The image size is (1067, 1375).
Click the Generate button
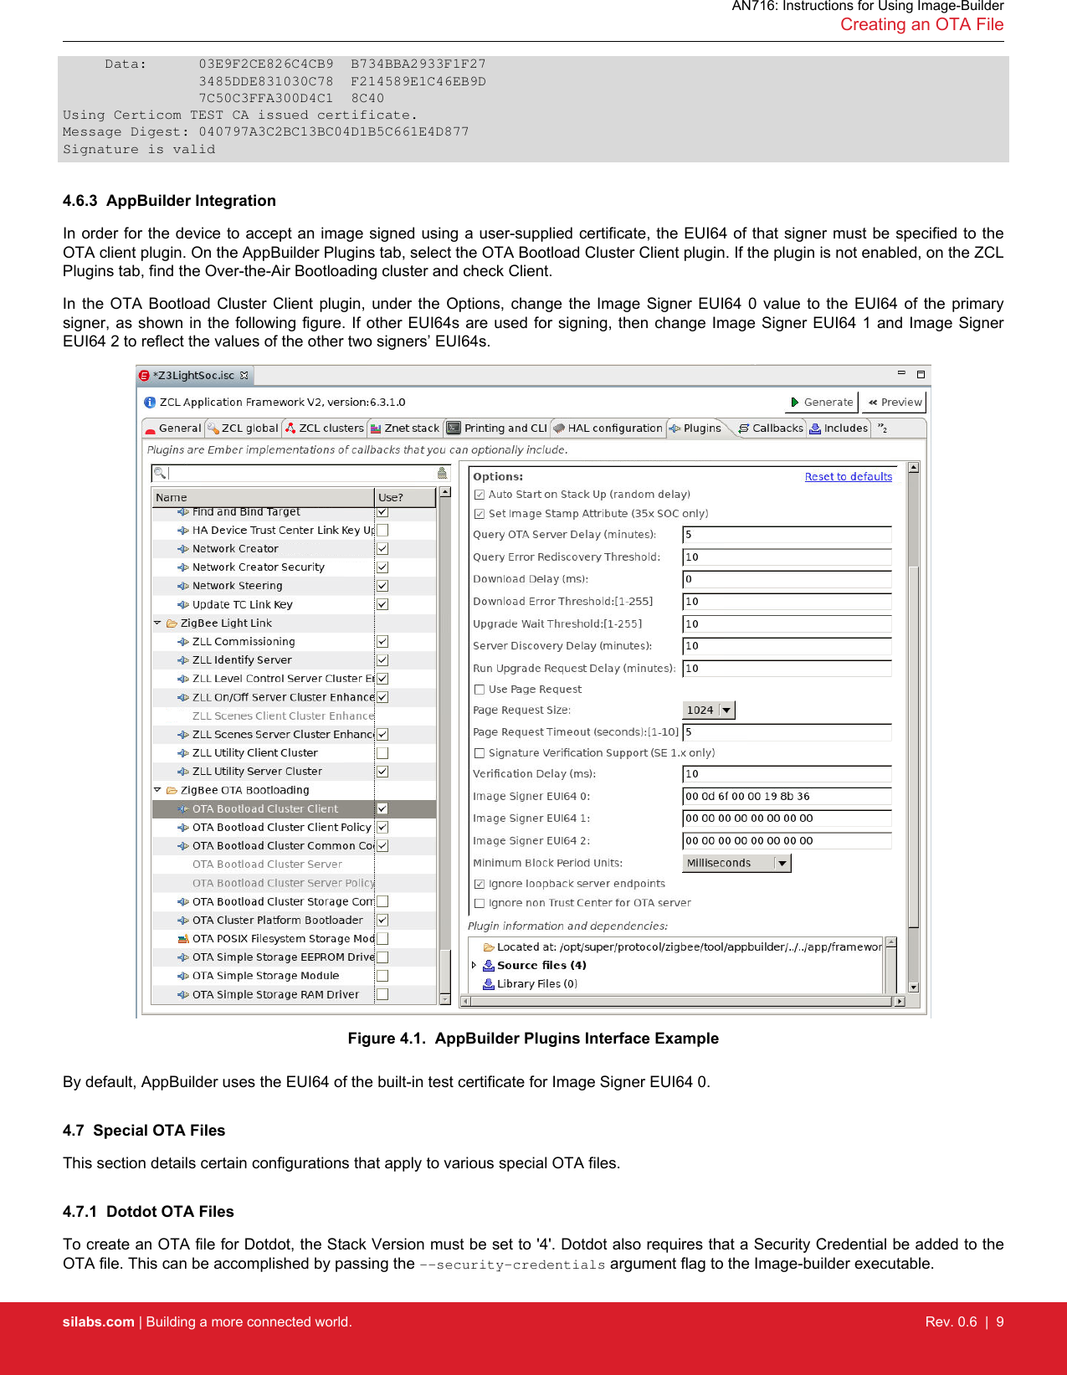822,403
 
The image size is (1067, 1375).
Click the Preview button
895,403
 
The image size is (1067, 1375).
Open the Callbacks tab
771,428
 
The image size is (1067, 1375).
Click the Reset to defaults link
848,477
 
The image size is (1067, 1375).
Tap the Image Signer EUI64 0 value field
786,797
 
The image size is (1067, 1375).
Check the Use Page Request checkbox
480,690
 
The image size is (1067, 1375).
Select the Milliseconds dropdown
736,864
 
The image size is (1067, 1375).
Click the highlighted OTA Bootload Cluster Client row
265,809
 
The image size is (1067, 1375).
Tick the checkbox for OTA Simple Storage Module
382,976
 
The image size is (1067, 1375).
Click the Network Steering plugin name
237,586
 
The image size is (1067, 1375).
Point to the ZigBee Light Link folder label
226,623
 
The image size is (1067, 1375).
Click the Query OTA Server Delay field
786,535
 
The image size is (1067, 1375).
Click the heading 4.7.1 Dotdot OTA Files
148,1212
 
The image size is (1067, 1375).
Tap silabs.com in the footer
98,1322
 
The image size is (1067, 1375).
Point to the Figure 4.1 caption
533,1039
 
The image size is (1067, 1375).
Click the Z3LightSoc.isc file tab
192,376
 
